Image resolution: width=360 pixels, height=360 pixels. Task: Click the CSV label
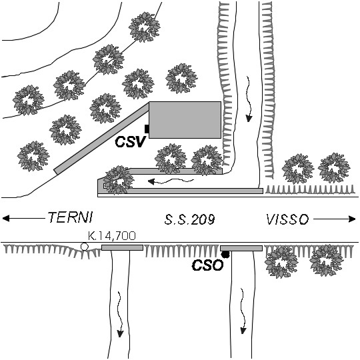click(x=130, y=141)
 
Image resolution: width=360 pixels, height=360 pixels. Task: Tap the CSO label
click(x=207, y=265)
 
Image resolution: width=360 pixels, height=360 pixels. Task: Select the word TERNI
click(x=70, y=217)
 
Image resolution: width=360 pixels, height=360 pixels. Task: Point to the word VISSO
click(x=287, y=219)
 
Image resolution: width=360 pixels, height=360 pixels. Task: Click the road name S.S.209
click(x=189, y=219)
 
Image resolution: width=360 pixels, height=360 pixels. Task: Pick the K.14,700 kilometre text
click(x=112, y=236)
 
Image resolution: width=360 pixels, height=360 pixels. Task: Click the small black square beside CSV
click(x=147, y=129)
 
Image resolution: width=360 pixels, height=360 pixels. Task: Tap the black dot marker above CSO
click(x=225, y=255)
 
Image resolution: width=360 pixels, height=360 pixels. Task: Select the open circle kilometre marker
click(x=85, y=247)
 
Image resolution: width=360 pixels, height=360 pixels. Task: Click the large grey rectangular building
click(x=185, y=120)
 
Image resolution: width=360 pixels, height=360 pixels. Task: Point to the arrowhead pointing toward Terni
click(x=6, y=218)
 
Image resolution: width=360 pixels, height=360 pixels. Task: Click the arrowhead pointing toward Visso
click(x=352, y=219)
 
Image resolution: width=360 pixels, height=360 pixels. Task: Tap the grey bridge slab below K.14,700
click(x=123, y=247)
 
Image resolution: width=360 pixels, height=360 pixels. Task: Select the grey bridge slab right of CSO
click(x=241, y=248)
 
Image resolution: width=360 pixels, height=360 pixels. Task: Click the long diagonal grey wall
click(x=101, y=139)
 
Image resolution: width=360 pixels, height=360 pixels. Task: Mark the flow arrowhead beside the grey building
click(x=249, y=119)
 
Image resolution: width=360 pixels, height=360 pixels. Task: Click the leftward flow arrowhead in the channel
click(x=151, y=181)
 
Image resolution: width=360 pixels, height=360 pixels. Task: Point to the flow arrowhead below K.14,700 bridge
click(x=120, y=333)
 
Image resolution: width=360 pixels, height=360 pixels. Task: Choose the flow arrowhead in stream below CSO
click(x=243, y=331)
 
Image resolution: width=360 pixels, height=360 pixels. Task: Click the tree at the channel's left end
click(x=118, y=180)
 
